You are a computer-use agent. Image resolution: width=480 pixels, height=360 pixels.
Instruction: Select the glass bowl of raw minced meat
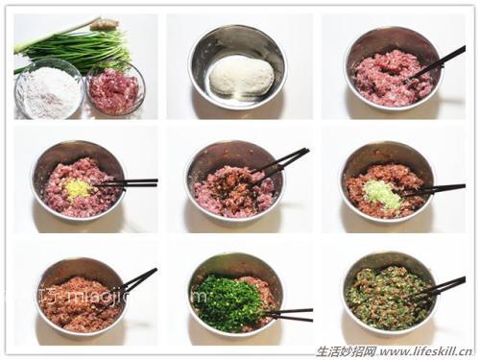114,91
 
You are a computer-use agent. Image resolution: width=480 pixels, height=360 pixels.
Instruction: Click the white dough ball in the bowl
241,75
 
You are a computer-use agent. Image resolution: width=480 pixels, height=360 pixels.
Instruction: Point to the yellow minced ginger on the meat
77,187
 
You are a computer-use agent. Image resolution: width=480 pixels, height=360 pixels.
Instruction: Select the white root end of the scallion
103,23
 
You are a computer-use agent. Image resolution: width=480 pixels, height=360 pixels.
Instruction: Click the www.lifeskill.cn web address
428,350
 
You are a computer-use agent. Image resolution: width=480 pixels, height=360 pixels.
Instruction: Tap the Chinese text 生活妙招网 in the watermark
346,350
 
